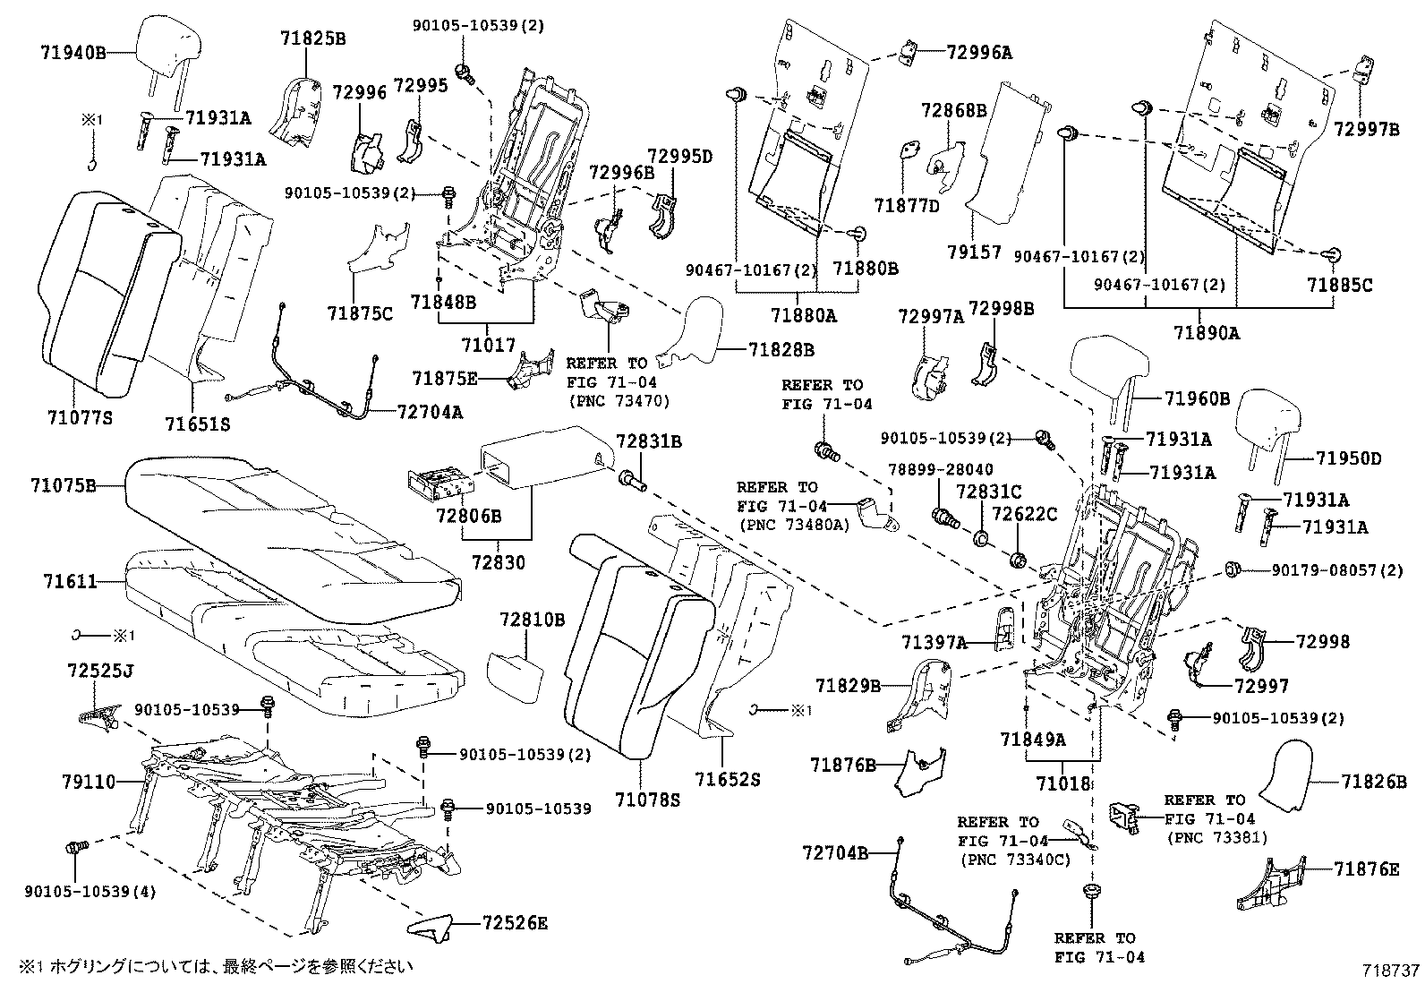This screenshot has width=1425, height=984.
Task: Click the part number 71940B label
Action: (x=73, y=53)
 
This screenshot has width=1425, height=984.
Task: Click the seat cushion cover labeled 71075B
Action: (x=286, y=528)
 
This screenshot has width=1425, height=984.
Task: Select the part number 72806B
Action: (x=468, y=517)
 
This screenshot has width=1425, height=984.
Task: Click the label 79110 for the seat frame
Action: (x=89, y=782)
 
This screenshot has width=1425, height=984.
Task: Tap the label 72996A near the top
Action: (x=979, y=53)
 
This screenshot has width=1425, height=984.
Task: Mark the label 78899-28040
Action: (x=940, y=470)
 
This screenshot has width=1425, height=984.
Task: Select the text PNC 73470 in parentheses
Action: (x=619, y=401)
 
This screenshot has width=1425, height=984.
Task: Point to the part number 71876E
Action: (x=1366, y=869)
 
